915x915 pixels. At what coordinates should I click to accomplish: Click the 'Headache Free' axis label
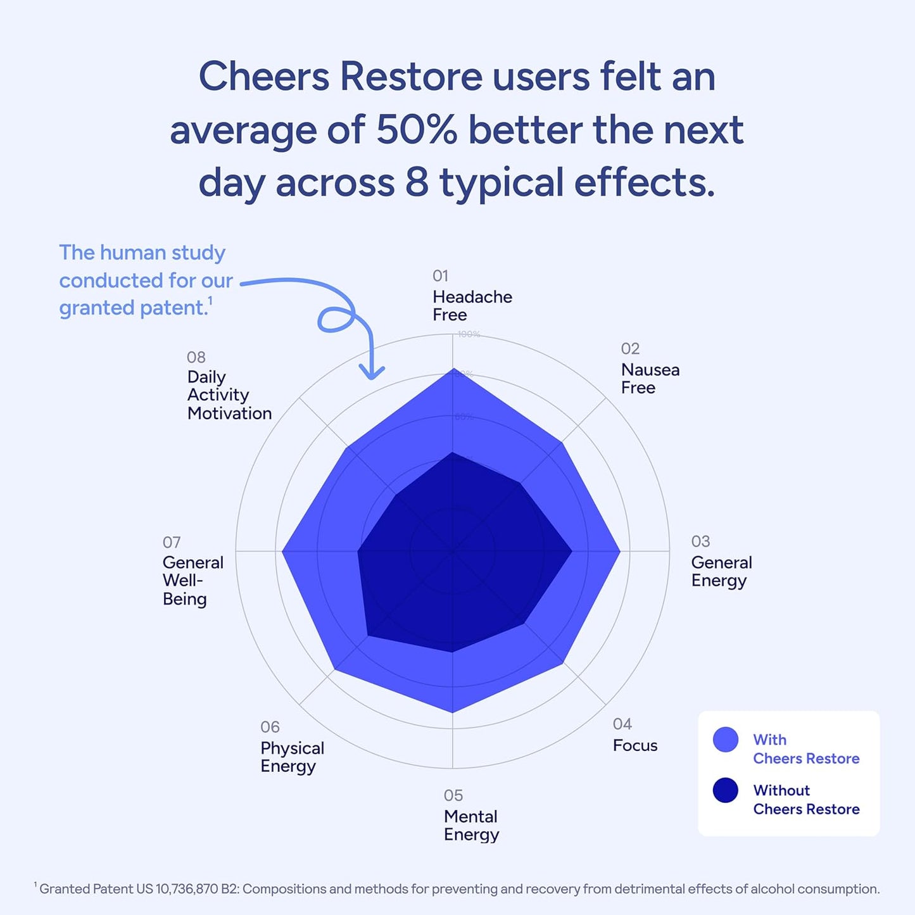click(472, 305)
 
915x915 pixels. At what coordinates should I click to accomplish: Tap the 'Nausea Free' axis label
click(650, 378)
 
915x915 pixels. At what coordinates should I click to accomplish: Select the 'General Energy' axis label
click(721, 571)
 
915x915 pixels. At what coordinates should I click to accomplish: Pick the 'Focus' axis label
click(634, 745)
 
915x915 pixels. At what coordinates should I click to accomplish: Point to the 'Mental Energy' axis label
click(471, 825)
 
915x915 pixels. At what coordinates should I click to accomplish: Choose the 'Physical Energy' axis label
click(292, 757)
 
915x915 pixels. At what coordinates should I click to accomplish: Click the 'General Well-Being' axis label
click(192, 580)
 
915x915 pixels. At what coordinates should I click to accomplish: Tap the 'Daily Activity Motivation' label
click(229, 394)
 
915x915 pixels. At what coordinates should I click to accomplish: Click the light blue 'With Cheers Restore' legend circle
click(725, 740)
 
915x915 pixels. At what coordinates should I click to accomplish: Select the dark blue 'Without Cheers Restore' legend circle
click(725, 790)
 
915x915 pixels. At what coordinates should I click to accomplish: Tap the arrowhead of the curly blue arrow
click(372, 374)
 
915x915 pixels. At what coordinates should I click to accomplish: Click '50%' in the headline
click(416, 130)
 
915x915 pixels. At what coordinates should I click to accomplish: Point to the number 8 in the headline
click(417, 182)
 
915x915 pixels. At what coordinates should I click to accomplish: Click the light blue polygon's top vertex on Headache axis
click(453, 369)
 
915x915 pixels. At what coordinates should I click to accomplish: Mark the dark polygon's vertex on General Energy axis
click(572, 551)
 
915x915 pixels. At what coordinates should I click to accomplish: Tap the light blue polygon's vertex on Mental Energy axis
click(453, 712)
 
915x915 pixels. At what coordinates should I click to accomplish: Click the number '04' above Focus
click(622, 724)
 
